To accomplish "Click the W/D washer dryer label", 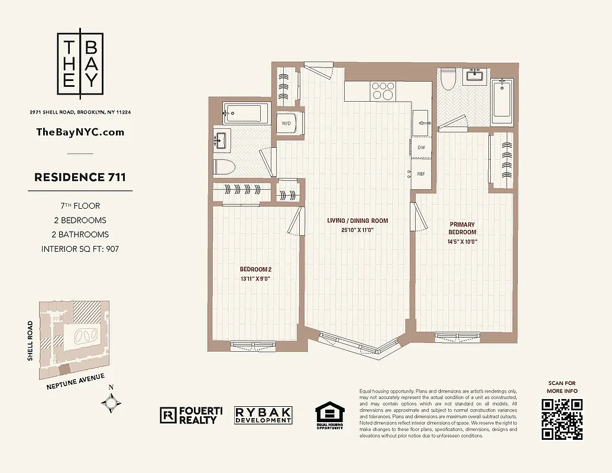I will [x=286, y=124].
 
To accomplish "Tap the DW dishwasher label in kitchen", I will [x=421, y=147].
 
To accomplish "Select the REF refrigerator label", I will [x=421, y=174].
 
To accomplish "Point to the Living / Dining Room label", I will [x=358, y=221].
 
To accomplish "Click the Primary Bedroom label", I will [x=462, y=228].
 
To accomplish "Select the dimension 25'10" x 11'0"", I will [x=358, y=230].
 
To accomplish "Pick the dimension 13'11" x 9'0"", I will [x=255, y=279].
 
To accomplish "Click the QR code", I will [x=562, y=419].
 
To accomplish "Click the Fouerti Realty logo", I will [x=188, y=415].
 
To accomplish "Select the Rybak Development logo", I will [x=263, y=415].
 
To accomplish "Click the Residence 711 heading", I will [x=80, y=177].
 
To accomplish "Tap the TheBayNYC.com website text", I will [x=80, y=132].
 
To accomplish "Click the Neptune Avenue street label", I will [x=76, y=381].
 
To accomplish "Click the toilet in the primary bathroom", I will [x=448, y=79].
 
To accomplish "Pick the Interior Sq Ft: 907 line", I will [x=80, y=249].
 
